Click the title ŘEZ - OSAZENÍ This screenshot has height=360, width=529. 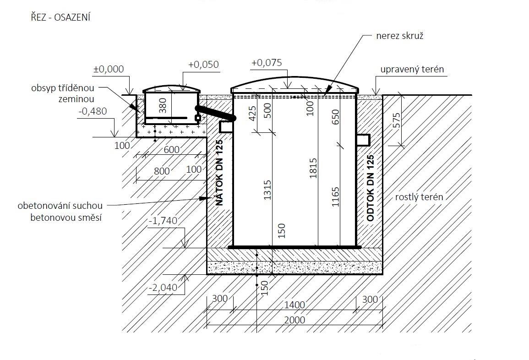click(x=61, y=17)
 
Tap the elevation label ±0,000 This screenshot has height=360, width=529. click(x=109, y=69)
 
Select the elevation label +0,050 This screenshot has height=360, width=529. click(x=203, y=65)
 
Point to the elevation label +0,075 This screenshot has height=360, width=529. click(x=267, y=63)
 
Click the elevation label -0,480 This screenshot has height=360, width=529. click(x=93, y=111)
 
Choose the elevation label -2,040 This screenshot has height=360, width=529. click(x=164, y=288)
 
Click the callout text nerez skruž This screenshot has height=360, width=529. click(x=400, y=36)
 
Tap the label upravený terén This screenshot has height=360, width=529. click(x=412, y=70)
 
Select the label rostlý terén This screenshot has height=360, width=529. click(x=419, y=197)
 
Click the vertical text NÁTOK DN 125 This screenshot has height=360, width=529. click(x=219, y=173)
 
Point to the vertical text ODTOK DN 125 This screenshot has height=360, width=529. click(x=370, y=188)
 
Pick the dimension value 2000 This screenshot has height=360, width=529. click(x=294, y=320)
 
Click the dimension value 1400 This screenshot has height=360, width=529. click(x=294, y=305)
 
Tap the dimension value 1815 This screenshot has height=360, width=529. click(x=313, y=168)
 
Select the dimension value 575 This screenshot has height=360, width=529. click(x=397, y=120)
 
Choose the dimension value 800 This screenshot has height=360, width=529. click(x=162, y=171)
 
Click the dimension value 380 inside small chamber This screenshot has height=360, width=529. click(x=163, y=106)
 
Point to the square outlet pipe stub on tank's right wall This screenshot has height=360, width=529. click(x=363, y=140)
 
